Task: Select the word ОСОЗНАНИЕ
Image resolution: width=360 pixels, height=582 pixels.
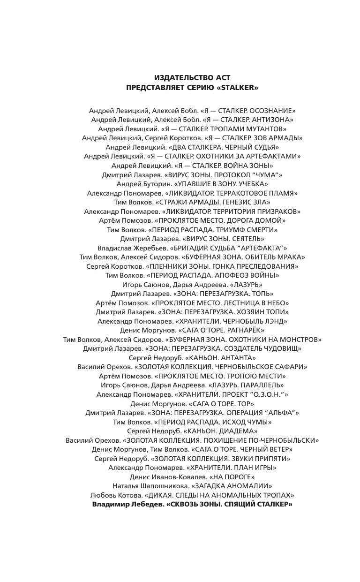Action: [x=273, y=111]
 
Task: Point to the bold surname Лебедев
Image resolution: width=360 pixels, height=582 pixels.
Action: [x=141, y=504]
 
